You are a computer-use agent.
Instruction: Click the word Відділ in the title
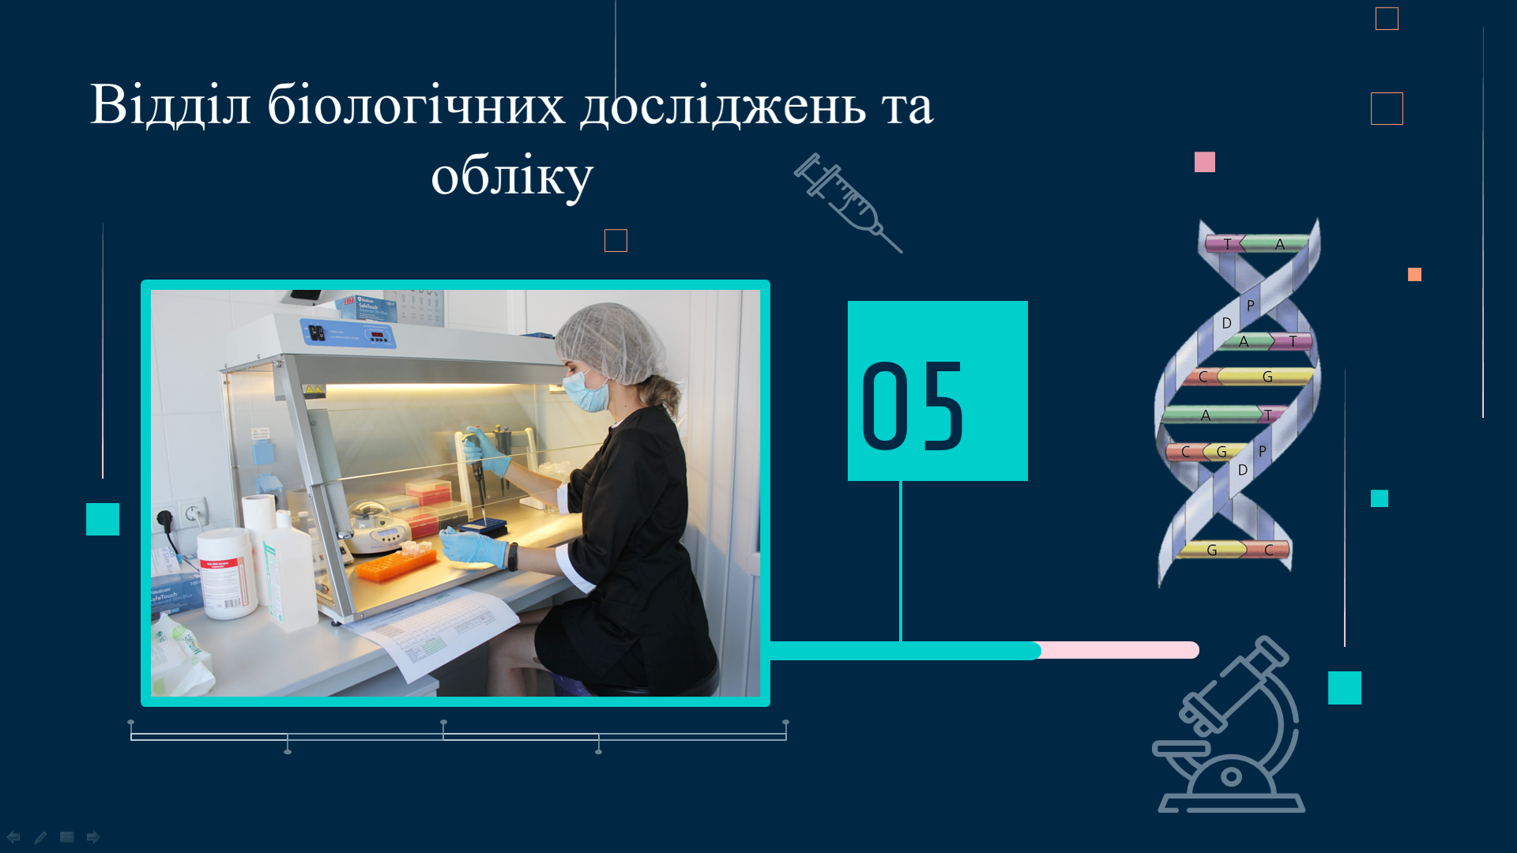point(171,104)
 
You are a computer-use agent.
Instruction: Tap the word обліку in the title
point(512,177)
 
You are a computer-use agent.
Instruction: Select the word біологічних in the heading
point(416,104)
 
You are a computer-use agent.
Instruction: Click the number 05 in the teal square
point(913,407)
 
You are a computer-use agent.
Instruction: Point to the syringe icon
point(847,202)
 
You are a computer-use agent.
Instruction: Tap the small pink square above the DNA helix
point(1205,162)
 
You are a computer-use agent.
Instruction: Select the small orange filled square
point(1414,274)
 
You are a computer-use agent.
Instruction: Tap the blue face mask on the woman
point(586,391)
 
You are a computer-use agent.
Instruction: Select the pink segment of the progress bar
point(1120,650)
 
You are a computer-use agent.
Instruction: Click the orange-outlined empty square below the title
point(615,240)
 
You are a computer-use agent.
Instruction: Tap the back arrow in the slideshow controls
point(13,837)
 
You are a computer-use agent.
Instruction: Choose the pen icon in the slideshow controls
point(40,837)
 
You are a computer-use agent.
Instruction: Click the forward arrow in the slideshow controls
point(93,837)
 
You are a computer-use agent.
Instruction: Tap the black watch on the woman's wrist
point(513,556)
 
